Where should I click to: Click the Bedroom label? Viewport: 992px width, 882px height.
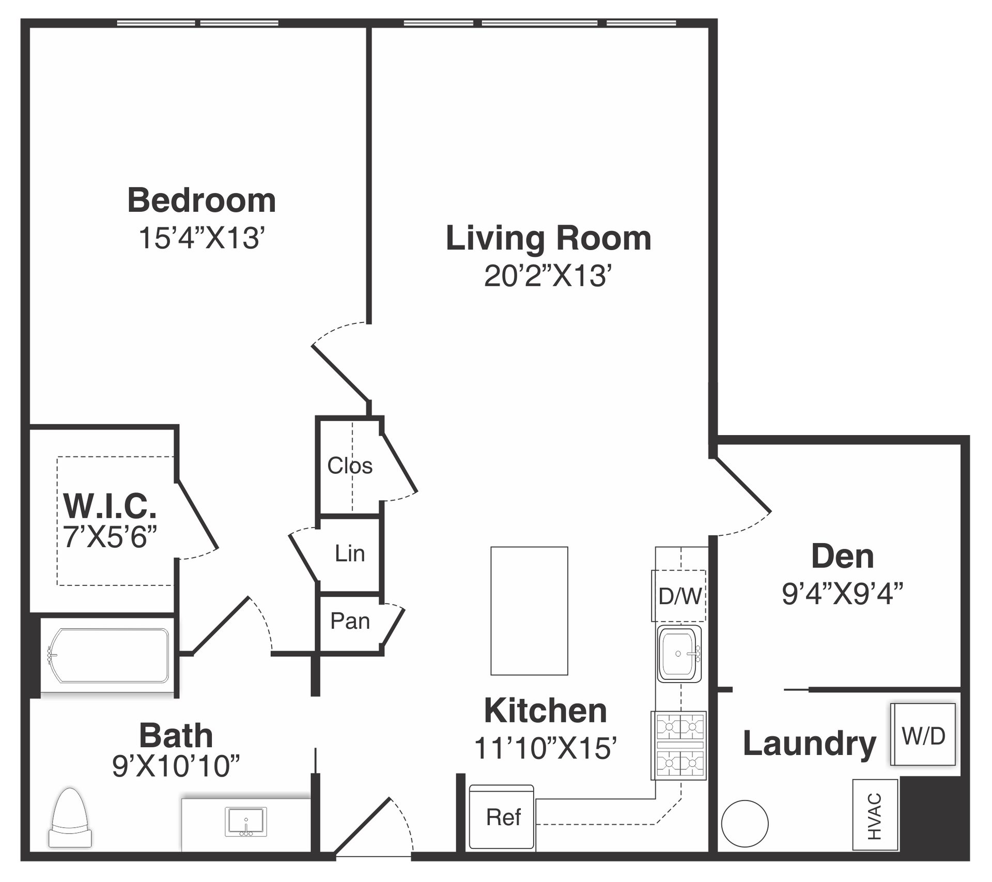(x=202, y=200)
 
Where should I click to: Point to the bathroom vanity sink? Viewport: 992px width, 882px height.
(x=246, y=822)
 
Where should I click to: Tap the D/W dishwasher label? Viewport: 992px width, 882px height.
(x=680, y=596)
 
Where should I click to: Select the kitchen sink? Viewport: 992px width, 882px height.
(x=679, y=654)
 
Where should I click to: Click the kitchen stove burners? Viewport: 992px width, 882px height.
(x=679, y=745)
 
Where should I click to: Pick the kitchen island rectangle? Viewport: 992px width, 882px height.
(x=529, y=611)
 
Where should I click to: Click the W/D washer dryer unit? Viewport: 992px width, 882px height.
(x=923, y=734)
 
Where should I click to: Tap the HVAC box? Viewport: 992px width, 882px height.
(x=875, y=815)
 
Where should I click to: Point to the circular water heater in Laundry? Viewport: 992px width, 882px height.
(x=745, y=824)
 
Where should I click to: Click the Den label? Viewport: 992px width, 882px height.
(x=843, y=556)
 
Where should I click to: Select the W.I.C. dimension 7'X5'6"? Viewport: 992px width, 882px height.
(x=110, y=536)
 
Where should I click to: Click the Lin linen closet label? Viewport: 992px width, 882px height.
(x=350, y=553)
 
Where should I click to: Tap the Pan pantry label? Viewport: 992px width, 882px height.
(x=350, y=621)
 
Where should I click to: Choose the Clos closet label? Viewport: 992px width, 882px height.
(x=350, y=466)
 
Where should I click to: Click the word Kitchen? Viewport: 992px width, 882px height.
(x=546, y=711)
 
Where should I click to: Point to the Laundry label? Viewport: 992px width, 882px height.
(x=809, y=745)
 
